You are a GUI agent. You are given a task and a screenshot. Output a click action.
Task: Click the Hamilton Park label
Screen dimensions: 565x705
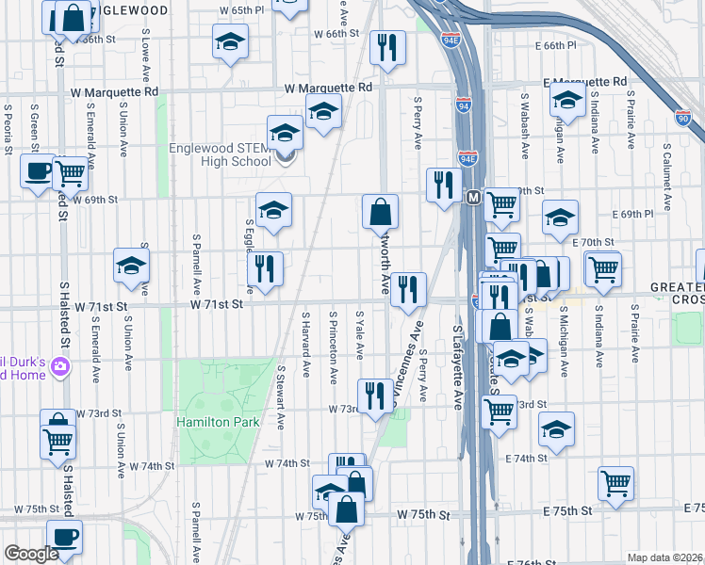218,422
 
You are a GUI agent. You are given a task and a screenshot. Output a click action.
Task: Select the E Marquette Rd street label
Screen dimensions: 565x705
586,82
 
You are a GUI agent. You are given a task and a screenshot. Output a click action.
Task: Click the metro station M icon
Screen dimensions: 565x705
473,197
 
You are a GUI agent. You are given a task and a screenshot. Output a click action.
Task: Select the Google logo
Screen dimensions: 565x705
31,554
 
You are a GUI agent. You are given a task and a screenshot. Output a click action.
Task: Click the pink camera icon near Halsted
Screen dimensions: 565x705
60,366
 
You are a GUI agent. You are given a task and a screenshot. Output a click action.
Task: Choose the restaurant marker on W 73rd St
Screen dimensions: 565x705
375,396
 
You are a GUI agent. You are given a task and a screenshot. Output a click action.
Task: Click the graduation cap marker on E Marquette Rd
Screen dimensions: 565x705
567,102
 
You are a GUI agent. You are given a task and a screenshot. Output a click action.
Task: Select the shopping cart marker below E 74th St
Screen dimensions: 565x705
615,484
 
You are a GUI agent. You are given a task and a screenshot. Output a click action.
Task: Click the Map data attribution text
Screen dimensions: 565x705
664,557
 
